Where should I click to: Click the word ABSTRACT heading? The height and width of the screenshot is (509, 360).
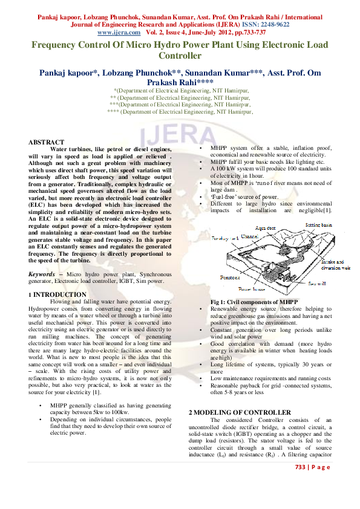pos(46,142)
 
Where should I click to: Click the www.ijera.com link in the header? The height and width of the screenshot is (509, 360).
pos(119,32)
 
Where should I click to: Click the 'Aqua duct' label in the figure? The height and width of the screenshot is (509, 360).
pos(266,229)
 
